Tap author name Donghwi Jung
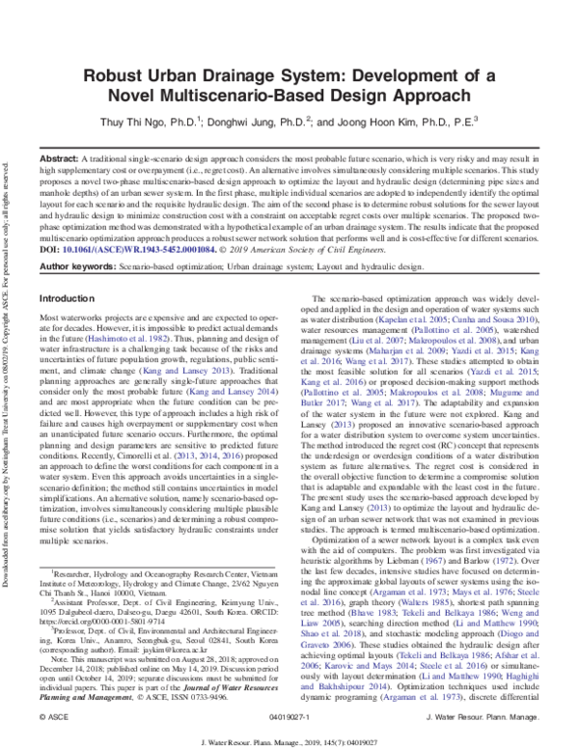click(x=270, y=123)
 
